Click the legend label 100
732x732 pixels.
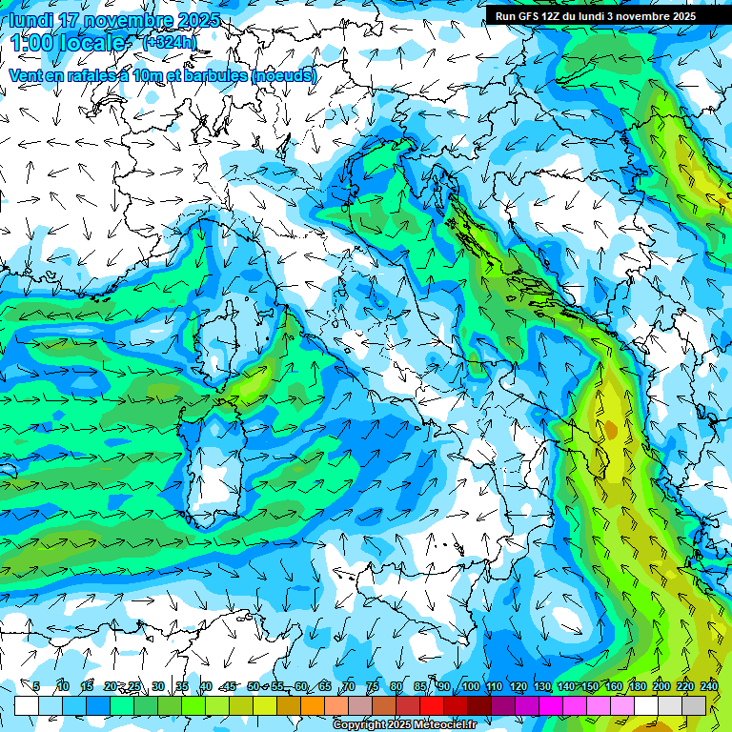pos(471,686)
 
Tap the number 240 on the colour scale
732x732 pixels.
pos(709,686)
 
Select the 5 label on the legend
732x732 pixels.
pos(36,686)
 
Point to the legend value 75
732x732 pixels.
pos(373,686)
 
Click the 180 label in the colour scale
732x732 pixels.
pos(638,686)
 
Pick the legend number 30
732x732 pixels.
pos(158,686)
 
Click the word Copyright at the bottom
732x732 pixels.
pos(357,725)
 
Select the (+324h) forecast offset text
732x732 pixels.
pos(170,43)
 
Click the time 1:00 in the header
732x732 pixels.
pos(30,43)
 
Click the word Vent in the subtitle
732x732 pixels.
pos(26,75)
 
